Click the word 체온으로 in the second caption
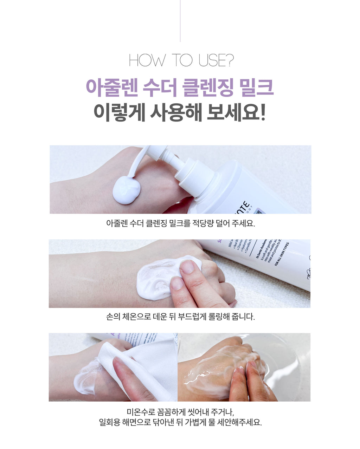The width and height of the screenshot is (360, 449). (x=135, y=317)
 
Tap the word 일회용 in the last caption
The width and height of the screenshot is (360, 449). (x=110, y=422)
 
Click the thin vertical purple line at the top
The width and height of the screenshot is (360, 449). (x=180, y=21)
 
